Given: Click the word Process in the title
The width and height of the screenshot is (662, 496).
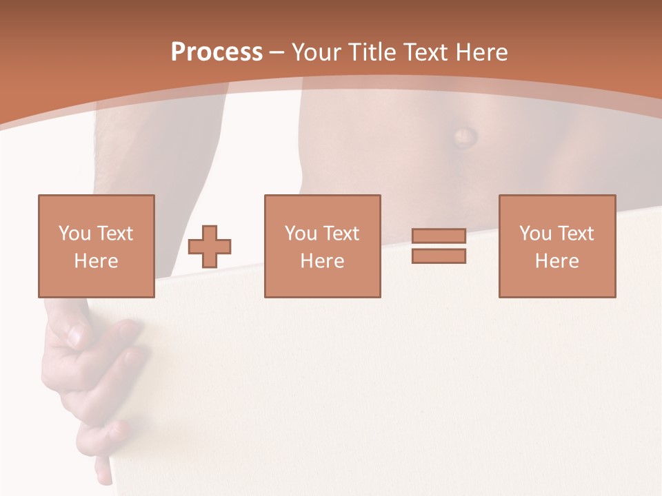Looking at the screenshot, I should click(x=217, y=52).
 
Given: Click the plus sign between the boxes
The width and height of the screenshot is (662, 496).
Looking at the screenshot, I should click(x=210, y=247).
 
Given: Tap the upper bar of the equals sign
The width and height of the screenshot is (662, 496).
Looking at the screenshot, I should click(x=439, y=236).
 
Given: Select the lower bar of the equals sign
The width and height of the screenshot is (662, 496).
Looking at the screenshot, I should click(x=439, y=256).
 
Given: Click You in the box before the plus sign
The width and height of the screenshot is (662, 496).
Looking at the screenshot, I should click(x=74, y=234).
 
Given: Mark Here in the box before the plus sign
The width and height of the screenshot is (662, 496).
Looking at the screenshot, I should click(x=96, y=261).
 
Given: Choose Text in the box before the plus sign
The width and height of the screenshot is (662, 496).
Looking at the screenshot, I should click(x=114, y=234).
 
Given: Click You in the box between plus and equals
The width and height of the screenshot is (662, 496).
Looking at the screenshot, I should click(x=300, y=234).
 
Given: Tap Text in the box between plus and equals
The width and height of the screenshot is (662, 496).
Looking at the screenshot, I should click(x=340, y=234).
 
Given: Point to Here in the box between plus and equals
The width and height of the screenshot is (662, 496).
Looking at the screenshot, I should click(x=322, y=261).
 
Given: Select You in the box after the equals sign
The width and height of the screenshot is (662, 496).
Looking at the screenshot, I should click(x=534, y=234).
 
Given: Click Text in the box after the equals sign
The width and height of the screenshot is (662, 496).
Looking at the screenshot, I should click(x=574, y=234).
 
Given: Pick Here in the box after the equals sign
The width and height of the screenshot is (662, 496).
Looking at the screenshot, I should click(x=556, y=261).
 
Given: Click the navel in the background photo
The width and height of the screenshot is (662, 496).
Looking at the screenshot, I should click(x=464, y=136).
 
